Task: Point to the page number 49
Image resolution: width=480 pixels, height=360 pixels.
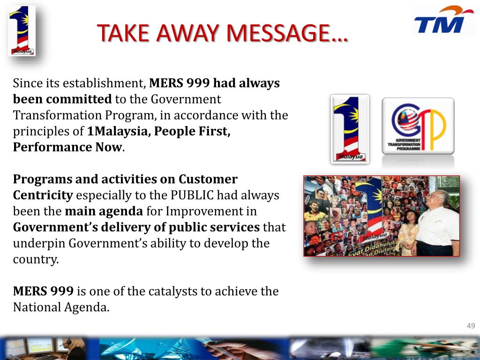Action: (x=471, y=326)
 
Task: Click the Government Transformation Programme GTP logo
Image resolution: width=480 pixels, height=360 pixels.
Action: (x=418, y=126)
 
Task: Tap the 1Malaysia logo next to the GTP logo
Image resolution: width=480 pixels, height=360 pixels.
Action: (x=349, y=129)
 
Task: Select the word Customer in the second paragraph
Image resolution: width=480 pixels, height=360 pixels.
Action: (x=208, y=179)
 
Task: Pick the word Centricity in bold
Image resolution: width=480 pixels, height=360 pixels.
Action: (x=43, y=195)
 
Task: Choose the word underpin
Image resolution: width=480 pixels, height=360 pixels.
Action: (x=40, y=243)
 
